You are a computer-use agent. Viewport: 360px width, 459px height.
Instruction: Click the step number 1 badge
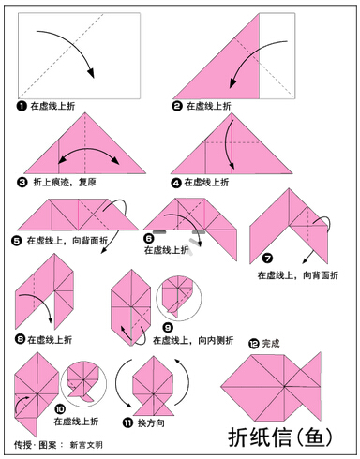22,106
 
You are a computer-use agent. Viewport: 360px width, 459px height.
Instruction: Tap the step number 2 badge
176,106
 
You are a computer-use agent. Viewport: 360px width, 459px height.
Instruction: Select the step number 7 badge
267,259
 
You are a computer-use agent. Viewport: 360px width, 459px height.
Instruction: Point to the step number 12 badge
254,344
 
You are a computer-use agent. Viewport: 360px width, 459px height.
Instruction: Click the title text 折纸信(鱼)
280,437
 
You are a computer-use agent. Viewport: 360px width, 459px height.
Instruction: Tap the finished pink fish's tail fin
310,386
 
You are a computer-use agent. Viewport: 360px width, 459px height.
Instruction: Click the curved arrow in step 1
74,44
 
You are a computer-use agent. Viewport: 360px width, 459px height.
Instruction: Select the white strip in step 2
277,56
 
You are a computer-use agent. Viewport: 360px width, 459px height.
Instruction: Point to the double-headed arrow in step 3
89,150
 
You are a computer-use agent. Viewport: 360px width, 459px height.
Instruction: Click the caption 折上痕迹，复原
65,182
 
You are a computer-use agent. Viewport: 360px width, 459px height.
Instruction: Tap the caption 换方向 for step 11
151,423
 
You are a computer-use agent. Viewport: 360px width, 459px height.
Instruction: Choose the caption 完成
271,344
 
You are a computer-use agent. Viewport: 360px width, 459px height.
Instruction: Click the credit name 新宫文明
86,445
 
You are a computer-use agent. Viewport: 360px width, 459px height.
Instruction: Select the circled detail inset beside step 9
179,298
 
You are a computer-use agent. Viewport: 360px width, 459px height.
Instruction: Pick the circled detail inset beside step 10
83,384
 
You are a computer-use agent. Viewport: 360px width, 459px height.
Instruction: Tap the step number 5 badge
16,241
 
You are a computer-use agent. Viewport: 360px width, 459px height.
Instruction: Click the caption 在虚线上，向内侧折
193,340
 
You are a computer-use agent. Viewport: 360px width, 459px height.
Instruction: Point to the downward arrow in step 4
229,144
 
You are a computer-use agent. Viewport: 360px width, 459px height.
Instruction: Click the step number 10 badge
60,408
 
